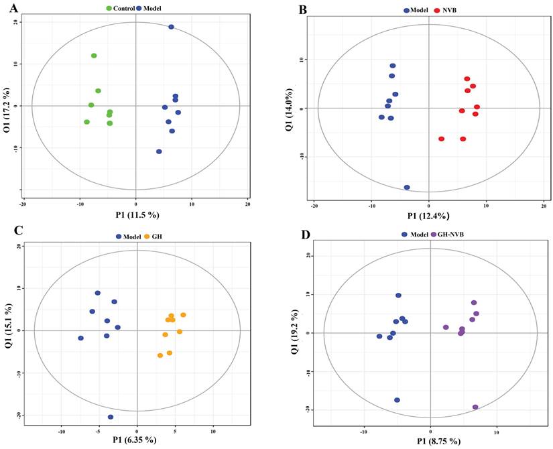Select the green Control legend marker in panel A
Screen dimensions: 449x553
pos(110,8)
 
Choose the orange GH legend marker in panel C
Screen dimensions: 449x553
pos(148,236)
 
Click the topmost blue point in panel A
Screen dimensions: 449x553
pos(171,27)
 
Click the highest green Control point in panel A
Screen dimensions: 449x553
pos(94,56)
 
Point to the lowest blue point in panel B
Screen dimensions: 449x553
pos(407,188)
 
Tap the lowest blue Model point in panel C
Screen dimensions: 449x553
pos(111,417)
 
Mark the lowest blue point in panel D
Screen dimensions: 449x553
pos(397,400)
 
